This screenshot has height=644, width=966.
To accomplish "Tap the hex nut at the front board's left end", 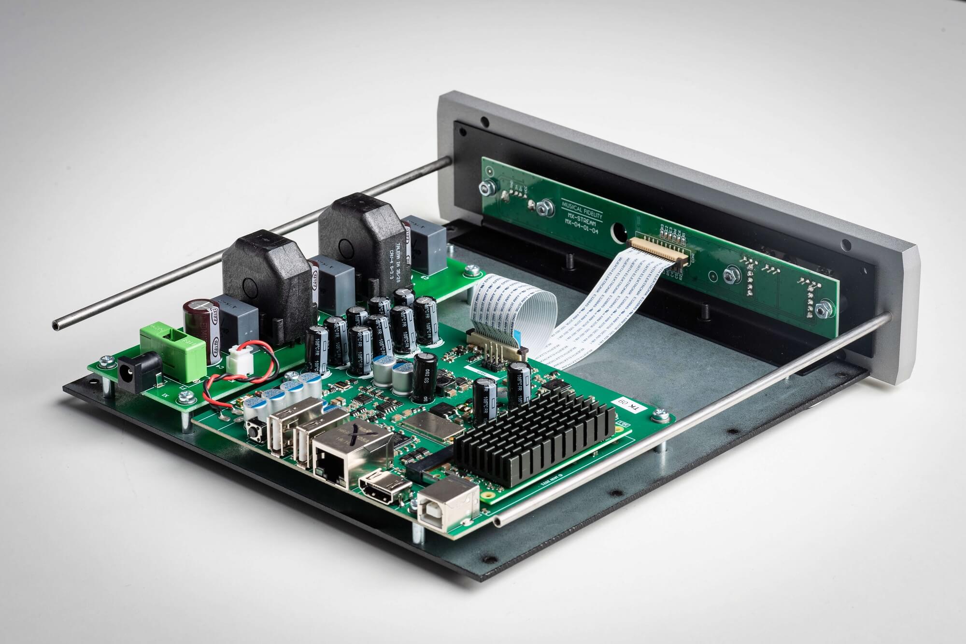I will [x=484, y=189].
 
